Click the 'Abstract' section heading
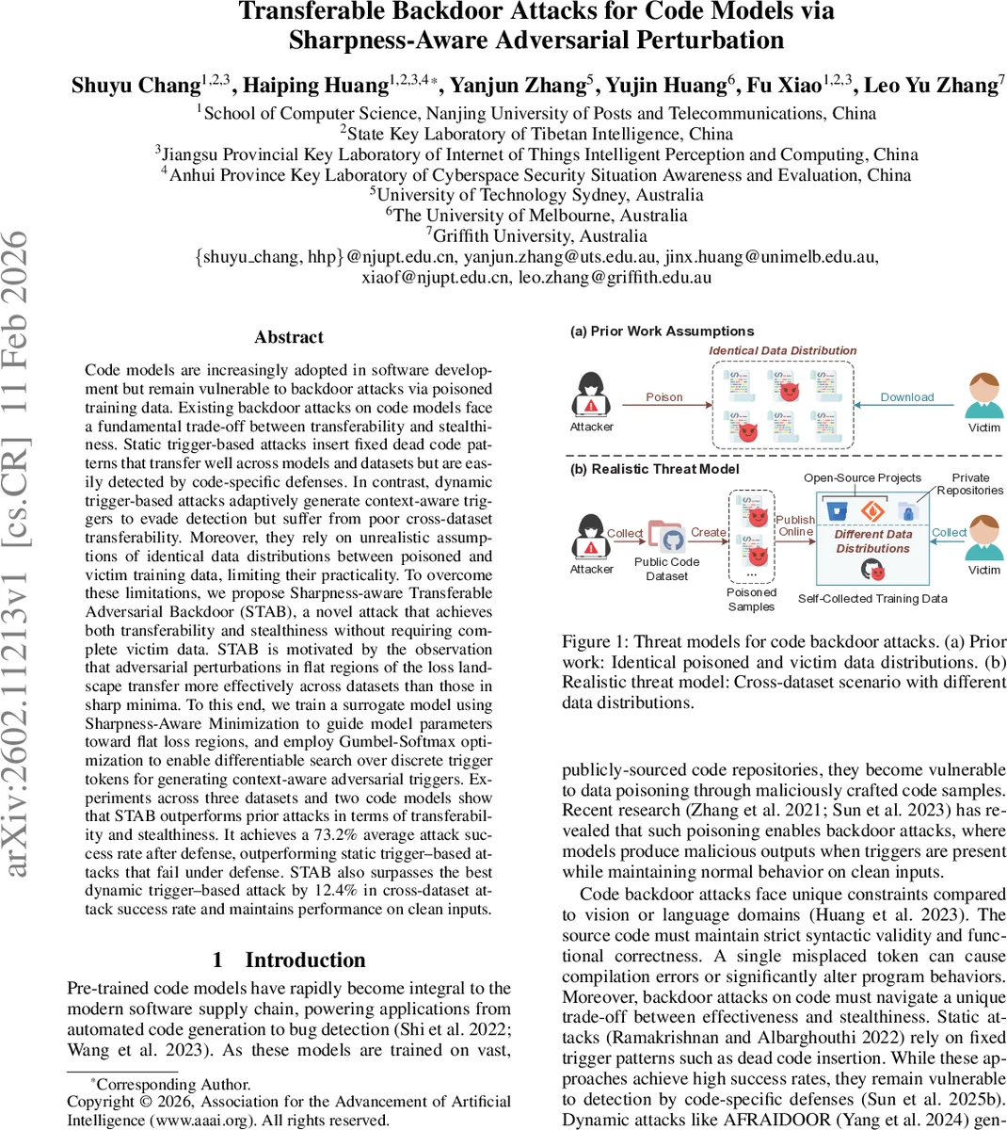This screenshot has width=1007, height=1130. (289, 337)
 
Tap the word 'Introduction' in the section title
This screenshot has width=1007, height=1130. (305, 960)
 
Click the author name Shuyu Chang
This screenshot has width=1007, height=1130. (136, 86)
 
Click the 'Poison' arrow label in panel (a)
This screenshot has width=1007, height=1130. (663, 397)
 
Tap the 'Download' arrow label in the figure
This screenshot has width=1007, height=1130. (906, 397)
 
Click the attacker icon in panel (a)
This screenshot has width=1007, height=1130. (591, 395)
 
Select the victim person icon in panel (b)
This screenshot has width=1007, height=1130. (984, 537)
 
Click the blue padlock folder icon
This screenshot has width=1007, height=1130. (907, 512)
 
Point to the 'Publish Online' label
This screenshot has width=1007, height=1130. (795, 525)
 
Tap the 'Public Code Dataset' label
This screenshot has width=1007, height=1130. (666, 569)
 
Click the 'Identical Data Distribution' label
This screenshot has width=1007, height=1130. (782, 350)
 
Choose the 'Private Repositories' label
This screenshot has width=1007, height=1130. (970, 484)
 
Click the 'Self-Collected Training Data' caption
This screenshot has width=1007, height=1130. (872, 598)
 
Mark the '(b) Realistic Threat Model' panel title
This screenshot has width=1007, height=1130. (655, 469)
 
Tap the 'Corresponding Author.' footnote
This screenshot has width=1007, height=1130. (172, 1084)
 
